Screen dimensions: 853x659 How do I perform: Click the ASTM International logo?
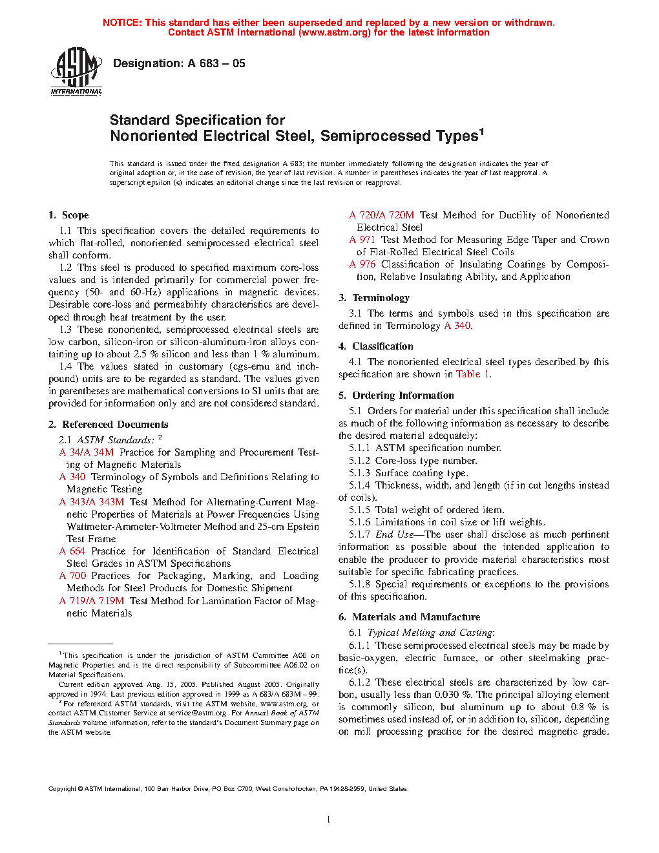pos(76,71)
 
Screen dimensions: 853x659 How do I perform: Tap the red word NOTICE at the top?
pos(122,23)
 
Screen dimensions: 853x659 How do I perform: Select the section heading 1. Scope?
pos(68,215)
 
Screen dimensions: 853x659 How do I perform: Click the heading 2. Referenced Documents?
pos(109,425)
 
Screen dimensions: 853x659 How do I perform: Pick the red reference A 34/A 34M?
pos(87,452)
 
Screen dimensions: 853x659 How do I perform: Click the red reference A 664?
pos(72,551)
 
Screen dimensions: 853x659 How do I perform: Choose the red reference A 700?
pos(72,576)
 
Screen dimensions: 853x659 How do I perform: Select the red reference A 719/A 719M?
pos(92,601)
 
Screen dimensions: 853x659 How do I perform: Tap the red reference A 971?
pos(362,240)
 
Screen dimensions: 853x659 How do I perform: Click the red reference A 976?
pos(362,264)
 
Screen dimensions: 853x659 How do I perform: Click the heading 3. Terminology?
pos(374,298)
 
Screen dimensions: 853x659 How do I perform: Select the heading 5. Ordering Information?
pos(396,395)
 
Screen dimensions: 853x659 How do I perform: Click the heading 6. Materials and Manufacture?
pos(409,617)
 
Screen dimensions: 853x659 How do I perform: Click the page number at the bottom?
pos(329,820)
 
